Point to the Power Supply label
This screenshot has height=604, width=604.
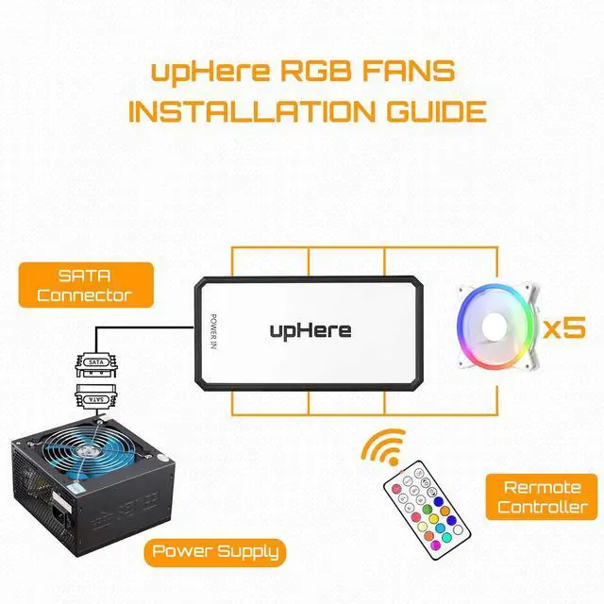pyautogui.click(x=215, y=551)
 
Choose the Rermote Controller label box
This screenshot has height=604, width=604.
pyautogui.click(x=542, y=496)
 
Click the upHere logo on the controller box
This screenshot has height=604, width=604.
pyautogui.click(x=310, y=329)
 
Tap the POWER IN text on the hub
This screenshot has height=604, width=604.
pyautogui.click(x=213, y=331)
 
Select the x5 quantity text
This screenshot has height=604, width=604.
pyautogui.click(x=564, y=327)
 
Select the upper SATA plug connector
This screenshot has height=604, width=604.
pyautogui.click(x=94, y=361)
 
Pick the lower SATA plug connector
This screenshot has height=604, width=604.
pyautogui.click(x=94, y=396)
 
